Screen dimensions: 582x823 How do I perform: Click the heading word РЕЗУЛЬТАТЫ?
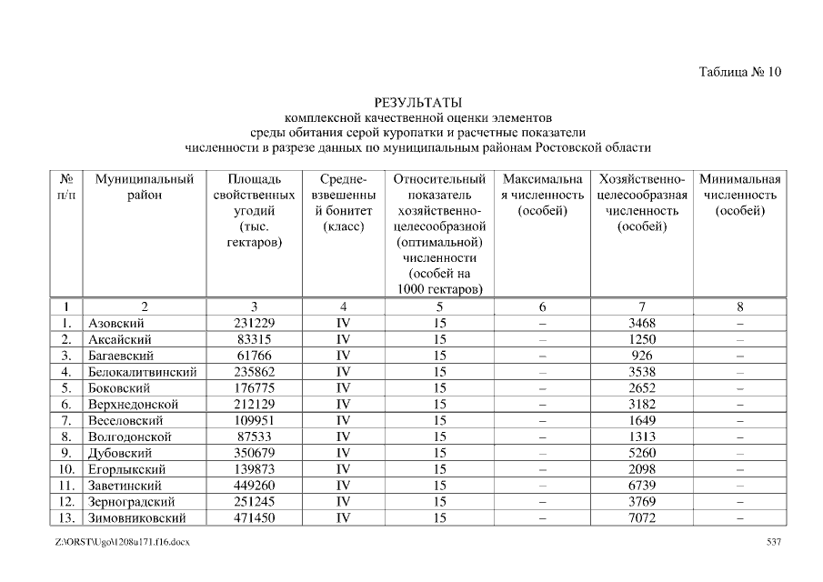(x=417, y=102)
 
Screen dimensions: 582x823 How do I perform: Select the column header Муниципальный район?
(x=145, y=187)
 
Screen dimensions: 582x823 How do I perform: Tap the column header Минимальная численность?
(x=739, y=196)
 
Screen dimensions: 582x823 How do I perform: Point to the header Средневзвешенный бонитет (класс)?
(x=343, y=203)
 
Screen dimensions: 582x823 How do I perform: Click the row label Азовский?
(x=116, y=323)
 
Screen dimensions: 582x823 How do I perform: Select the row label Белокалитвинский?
(x=142, y=372)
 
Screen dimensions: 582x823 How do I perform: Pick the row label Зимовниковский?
(x=136, y=518)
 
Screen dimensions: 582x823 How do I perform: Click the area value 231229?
(x=255, y=323)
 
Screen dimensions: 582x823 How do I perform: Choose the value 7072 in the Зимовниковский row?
(x=641, y=518)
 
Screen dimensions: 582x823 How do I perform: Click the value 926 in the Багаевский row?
(x=641, y=356)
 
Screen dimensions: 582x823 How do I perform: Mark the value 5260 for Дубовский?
(x=641, y=453)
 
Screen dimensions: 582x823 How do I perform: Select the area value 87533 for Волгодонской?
(x=255, y=436)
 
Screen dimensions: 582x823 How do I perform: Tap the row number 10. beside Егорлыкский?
(x=67, y=469)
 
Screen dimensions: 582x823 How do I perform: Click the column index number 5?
(x=439, y=306)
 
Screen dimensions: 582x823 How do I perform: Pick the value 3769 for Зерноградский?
(x=641, y=502)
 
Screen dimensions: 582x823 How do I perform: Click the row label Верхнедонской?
(x=133, y=405)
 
